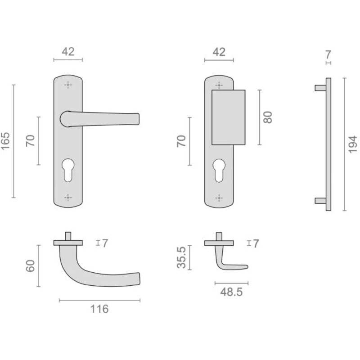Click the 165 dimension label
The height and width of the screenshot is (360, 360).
pyautogui.click(x=5, y=141)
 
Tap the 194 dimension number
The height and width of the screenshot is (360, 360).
pyautogui.click(x=353, y=144)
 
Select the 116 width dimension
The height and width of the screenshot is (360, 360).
pyautogui.click(x=99, y=309)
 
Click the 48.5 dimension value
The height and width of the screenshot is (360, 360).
pyautogui.click(x=231, y=292)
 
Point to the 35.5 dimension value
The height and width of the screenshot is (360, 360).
pyautogui.click(x=181, y=257)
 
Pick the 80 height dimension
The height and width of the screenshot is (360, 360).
pyautogui.click(x=268, y=117)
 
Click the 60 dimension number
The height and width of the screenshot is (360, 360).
pyautogui.click(x=30, y=266)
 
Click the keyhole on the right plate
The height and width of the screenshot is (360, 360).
pyautogui.click(x=219, y=171)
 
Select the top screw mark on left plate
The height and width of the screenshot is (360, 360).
pyautogui.click(x=68, y=85)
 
